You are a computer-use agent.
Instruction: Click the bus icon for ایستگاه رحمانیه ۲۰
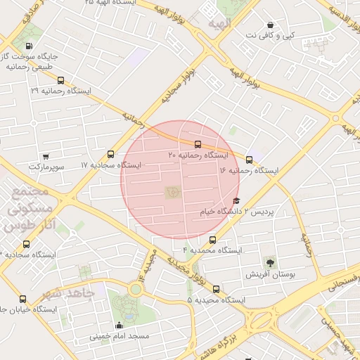[196, 144]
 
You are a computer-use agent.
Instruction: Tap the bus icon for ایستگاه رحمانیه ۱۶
[250, 160]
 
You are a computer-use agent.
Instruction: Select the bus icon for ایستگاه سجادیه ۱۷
[110, 154]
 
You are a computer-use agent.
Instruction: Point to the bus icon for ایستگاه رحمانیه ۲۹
[61, 81]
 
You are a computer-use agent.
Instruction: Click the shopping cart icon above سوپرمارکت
[46, 157]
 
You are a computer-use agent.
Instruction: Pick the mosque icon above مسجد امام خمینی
[119, 325]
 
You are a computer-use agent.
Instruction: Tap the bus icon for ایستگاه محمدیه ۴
[212, 240]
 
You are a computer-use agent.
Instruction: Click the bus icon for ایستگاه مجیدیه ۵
[216, 288]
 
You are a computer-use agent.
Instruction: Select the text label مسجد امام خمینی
[119, 337]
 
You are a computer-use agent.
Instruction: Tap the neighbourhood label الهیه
[219, 25]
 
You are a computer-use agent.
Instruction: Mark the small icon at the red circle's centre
[172, 191]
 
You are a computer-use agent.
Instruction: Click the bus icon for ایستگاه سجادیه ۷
[27, 244]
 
